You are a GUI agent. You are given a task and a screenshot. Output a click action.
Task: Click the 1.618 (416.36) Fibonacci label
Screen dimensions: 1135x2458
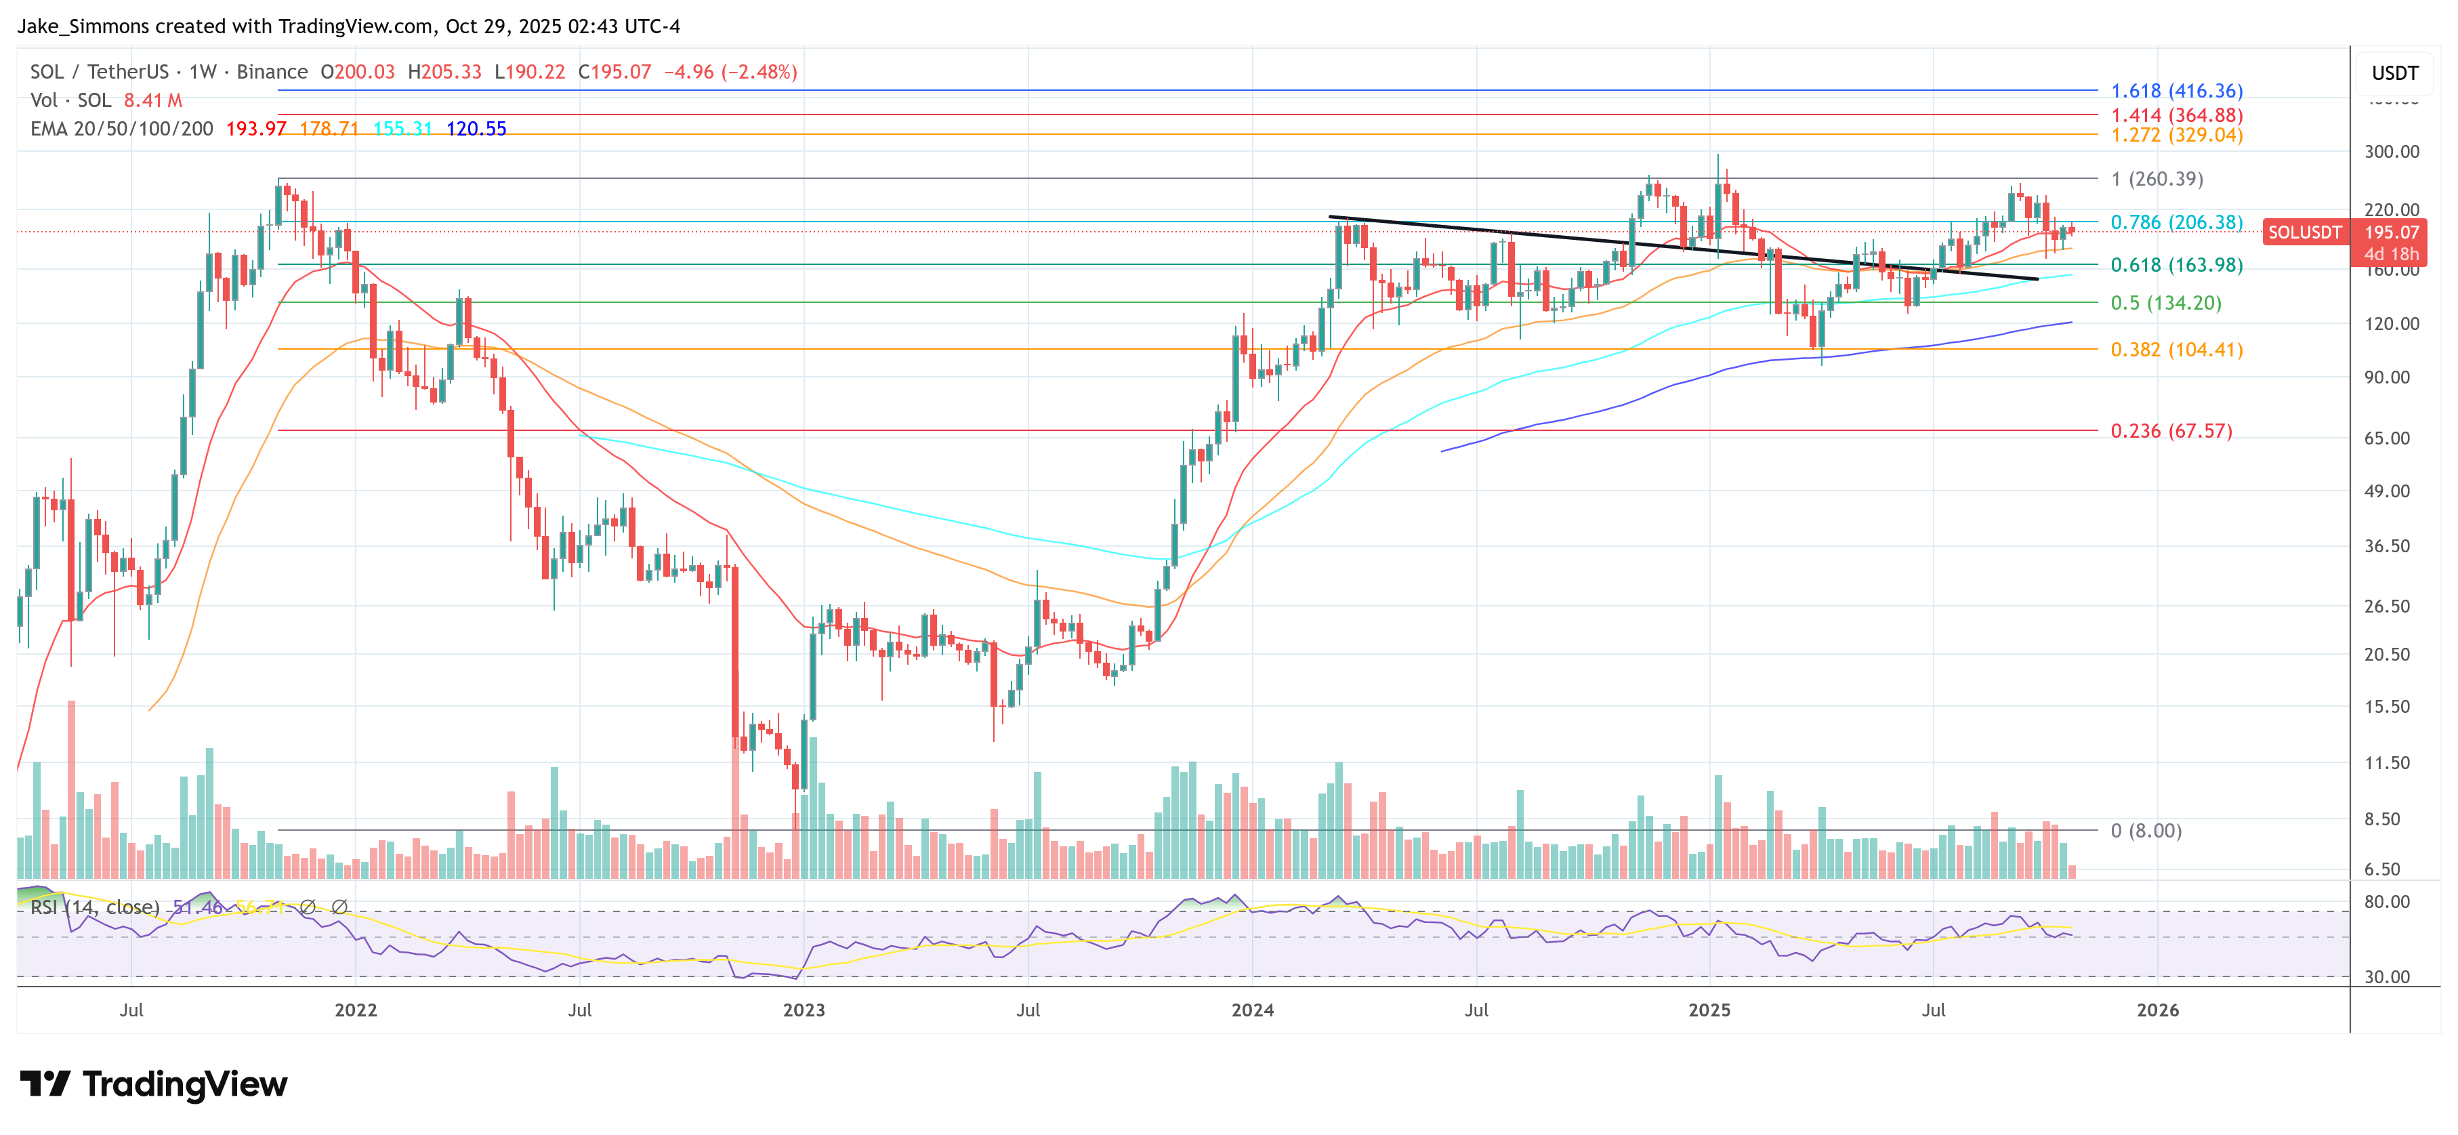(2177, 91)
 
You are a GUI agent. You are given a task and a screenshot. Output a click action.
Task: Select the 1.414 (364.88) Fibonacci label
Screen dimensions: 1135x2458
(2177, 115)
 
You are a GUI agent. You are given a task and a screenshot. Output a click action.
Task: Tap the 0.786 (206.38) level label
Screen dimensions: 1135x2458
(2177, 222)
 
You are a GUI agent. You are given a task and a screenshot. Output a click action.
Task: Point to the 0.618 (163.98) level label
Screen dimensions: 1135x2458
(2177, 264)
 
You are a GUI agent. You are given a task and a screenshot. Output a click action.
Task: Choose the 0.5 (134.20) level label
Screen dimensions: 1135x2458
(2166, 303)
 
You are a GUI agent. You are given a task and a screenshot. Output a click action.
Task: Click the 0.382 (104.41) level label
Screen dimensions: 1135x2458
(2177, 350)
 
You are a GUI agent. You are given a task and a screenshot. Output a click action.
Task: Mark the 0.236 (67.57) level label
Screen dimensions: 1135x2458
(2171, 430)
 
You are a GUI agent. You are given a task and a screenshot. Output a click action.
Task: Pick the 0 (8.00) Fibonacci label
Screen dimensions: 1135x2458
(2146, 831)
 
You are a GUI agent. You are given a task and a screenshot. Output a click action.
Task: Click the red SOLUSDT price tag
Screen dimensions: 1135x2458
(2304, 232)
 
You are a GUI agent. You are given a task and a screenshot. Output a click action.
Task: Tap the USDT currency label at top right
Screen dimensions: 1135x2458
(2394, 73)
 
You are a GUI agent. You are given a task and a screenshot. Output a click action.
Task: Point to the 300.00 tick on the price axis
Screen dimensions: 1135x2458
(2391, 152)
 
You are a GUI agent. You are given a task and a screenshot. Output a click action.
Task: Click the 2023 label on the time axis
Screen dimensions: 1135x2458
(804, 1010)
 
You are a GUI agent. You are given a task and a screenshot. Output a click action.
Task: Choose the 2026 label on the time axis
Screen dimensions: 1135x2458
(2157, 1010)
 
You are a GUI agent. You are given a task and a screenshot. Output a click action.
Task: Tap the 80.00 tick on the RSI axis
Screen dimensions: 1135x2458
(2386, 902)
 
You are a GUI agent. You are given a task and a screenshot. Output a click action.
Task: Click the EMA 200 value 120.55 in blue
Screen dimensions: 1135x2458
(476, 129)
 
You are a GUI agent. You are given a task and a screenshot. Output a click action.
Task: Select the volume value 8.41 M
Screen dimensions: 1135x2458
(152, 100)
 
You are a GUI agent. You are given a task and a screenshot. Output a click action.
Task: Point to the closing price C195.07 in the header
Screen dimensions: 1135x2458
(614, 72)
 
